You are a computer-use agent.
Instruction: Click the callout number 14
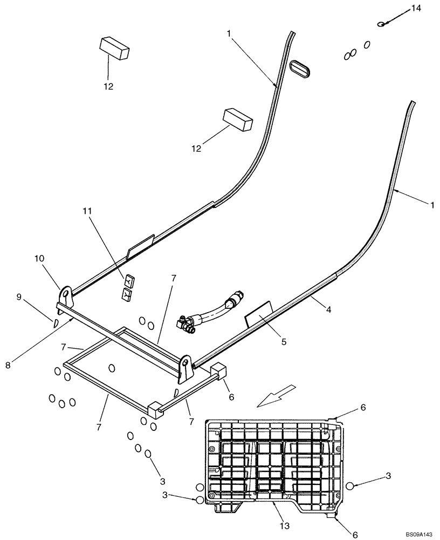click(414, 8)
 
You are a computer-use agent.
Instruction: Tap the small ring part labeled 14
click(382, 23)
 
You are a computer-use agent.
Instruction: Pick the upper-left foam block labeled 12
click(114, 48)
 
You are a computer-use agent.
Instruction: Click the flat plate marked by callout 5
click(259, 319)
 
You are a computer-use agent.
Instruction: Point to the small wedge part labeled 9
click(55, 323)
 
